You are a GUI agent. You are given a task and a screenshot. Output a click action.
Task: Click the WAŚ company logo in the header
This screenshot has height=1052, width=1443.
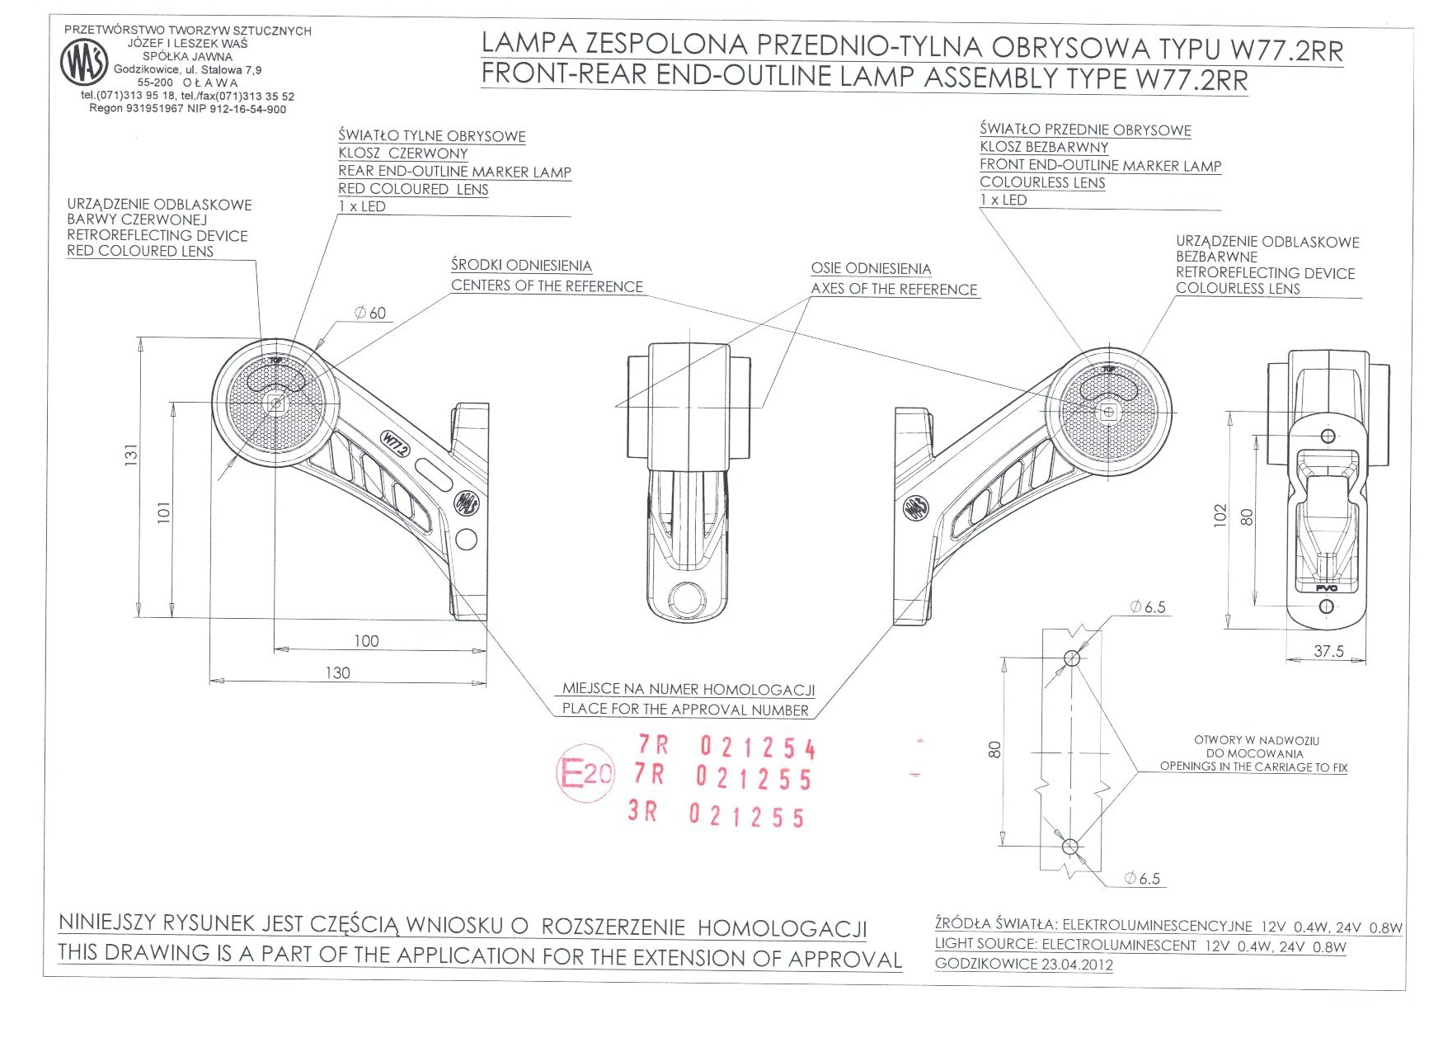84,63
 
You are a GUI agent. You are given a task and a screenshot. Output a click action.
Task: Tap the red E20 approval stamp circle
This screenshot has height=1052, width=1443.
585,773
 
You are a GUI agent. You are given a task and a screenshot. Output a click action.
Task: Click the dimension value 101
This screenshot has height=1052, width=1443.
164,512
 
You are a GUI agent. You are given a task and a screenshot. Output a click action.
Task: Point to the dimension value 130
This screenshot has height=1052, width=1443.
338,672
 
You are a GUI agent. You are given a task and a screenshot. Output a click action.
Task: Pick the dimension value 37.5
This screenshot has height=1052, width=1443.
1328,651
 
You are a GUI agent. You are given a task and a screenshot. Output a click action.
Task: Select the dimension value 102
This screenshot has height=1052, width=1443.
1221,516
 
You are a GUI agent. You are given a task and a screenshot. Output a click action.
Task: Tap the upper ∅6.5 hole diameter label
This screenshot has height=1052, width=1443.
1148,607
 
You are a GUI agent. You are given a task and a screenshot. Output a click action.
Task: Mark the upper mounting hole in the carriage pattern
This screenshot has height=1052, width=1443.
1071,658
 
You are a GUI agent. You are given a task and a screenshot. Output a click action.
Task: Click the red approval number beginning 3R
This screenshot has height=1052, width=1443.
716,814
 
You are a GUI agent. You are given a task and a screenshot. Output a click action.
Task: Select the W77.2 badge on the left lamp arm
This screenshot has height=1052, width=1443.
395,445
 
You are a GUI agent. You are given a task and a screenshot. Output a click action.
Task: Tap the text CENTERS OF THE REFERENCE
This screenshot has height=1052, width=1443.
547,286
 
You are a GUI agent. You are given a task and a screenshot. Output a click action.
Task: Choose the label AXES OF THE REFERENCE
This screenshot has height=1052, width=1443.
894,289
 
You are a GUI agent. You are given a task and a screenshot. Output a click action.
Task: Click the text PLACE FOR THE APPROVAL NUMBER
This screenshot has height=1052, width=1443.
685,709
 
